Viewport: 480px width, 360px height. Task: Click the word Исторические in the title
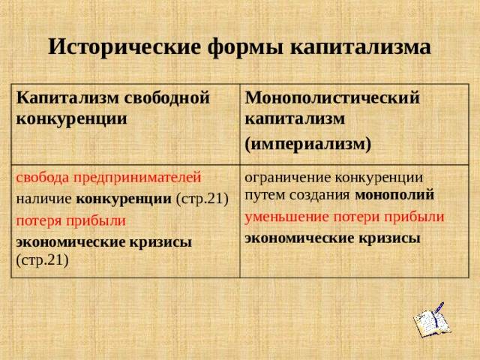point(125,47)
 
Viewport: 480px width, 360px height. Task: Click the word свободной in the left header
point(167,98)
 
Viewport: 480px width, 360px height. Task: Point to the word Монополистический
point(332,98)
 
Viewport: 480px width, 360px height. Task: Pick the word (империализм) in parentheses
point(308,144)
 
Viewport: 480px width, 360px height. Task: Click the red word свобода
point(42,177)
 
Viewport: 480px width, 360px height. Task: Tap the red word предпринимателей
point(137,178)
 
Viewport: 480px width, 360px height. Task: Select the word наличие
point(43,199)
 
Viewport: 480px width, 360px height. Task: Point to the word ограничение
point(288,178)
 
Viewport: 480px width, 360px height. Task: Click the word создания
point(319,196)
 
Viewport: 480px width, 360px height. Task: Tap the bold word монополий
point(394,195)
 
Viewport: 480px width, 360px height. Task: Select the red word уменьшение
point(286,217)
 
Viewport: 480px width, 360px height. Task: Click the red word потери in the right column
point(356,217)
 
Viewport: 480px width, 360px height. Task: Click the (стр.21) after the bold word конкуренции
point(202,199)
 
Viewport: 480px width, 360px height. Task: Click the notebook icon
point(432,319)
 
